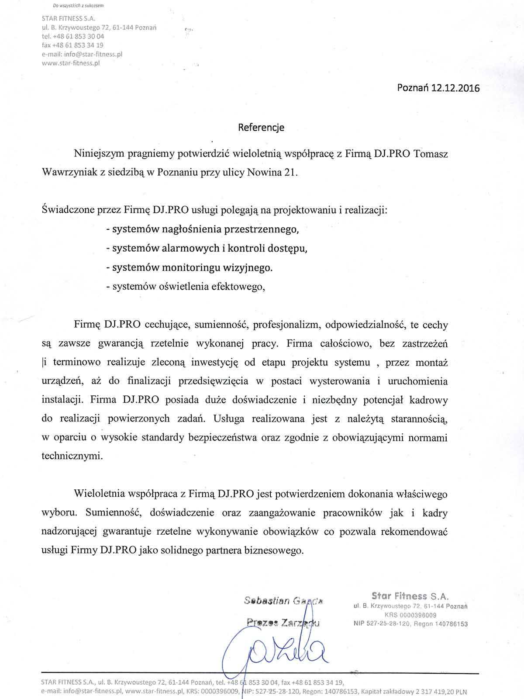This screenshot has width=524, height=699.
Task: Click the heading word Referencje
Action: [261, 127]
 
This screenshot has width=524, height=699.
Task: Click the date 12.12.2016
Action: [455, 88]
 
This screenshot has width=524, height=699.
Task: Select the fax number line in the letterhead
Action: [72, 45]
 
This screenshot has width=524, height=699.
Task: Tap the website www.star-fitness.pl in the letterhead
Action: [71, 63]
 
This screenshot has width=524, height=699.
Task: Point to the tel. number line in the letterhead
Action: [72, 36]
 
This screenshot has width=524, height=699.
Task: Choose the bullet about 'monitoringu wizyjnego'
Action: [190, 267]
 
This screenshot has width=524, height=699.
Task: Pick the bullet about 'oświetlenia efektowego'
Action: [186, 287]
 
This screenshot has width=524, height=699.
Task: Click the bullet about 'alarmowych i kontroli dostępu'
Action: [207, 248]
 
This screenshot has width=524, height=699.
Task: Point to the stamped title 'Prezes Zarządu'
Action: [283, 622]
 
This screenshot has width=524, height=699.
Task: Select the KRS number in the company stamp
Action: [410, 615]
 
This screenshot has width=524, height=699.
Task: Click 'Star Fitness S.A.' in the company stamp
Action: [410, 596]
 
